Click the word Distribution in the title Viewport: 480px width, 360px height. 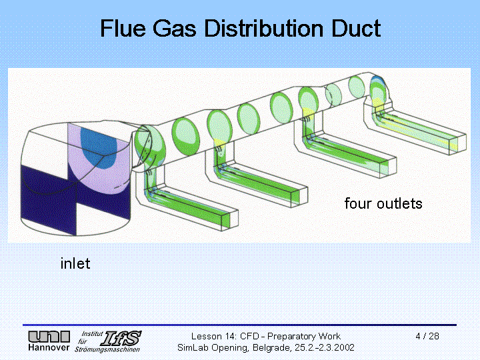tap(263, 28)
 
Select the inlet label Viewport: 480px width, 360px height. tap(75, 263)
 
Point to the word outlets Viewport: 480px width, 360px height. tap(399, 203)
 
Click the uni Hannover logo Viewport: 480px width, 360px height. tap(49, 341)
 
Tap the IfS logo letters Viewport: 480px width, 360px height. tap(121, 338)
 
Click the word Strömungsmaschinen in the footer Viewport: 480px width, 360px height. tap(107, 349)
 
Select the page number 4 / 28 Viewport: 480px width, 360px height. tap(427, 336)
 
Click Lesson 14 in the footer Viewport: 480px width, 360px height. tap(214, 337)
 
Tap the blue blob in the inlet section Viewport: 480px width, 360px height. tap(99, 147)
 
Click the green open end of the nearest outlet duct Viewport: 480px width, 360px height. tap(225, 220)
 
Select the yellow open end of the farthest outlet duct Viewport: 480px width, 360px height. tap(454, 143)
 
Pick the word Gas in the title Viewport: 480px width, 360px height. tap(175, 28)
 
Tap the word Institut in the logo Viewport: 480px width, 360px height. tap(92, 334)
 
